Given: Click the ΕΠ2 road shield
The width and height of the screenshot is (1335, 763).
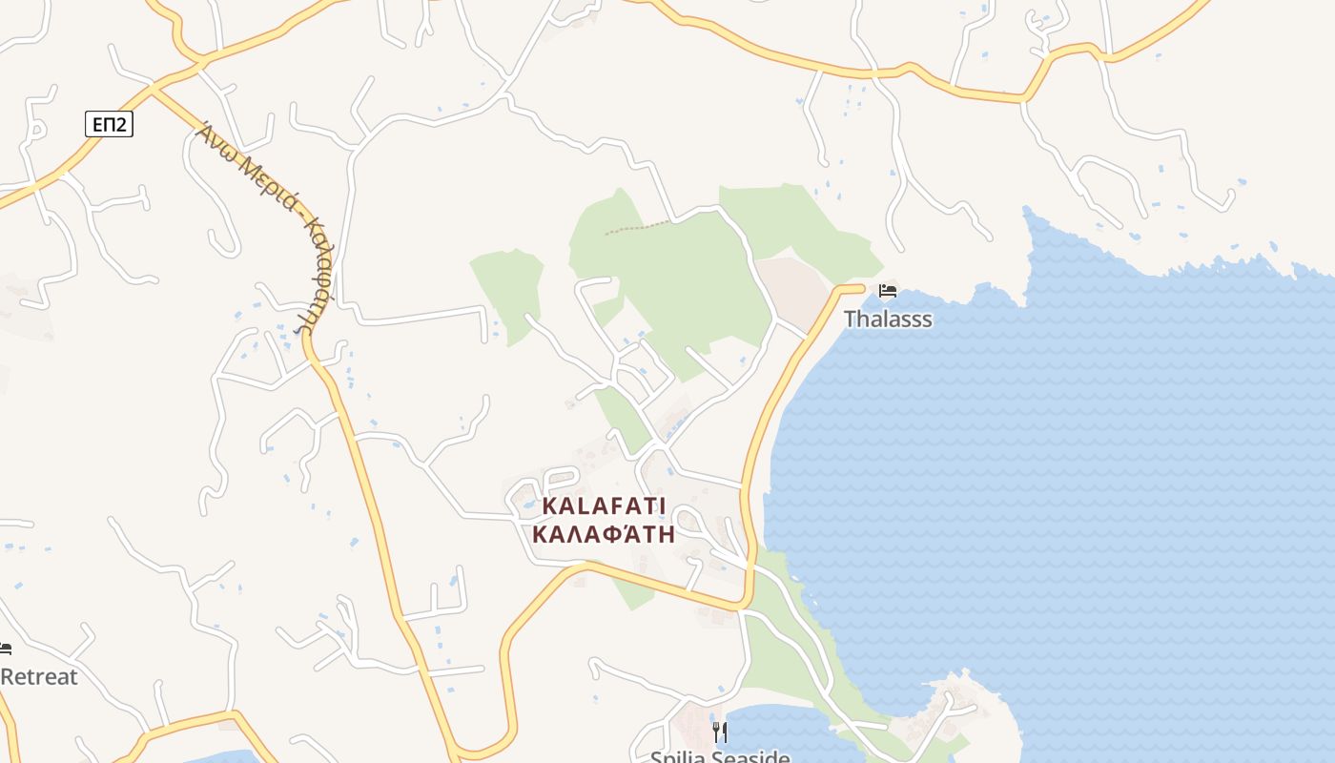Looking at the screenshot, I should (x=109, y=124).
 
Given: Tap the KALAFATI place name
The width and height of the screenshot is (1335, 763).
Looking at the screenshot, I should (x=605, y=505).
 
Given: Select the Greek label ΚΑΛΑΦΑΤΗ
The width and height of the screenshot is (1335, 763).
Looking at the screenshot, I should (x=604, y=534).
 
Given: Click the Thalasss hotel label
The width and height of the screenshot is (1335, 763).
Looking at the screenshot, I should (x=888, y=319).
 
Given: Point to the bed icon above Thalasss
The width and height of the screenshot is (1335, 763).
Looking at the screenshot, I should (x=888, y=290).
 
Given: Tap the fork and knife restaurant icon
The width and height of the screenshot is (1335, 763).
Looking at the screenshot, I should (x=720, y=732).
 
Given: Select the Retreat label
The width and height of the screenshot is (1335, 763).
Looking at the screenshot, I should (x=38, y=677).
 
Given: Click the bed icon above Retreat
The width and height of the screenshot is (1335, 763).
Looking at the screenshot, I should (x=5, y=649).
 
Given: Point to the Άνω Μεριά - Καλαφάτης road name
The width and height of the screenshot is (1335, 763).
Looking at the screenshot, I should (x=262, y=224).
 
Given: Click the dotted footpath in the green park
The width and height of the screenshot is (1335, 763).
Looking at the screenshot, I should (x=637, y=228).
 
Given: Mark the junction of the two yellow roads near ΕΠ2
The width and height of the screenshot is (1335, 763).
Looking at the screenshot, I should (x=153, y=89).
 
